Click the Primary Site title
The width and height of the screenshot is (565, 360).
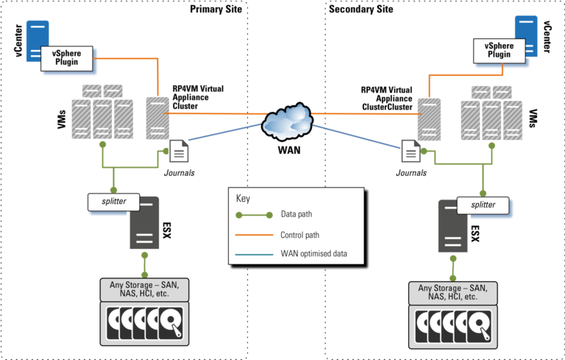coord(216,9)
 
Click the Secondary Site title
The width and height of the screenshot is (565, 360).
coord(361,9)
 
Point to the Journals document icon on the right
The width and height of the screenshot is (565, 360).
coord(411,151)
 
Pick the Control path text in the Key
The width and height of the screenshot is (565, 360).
coord(304,235)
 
